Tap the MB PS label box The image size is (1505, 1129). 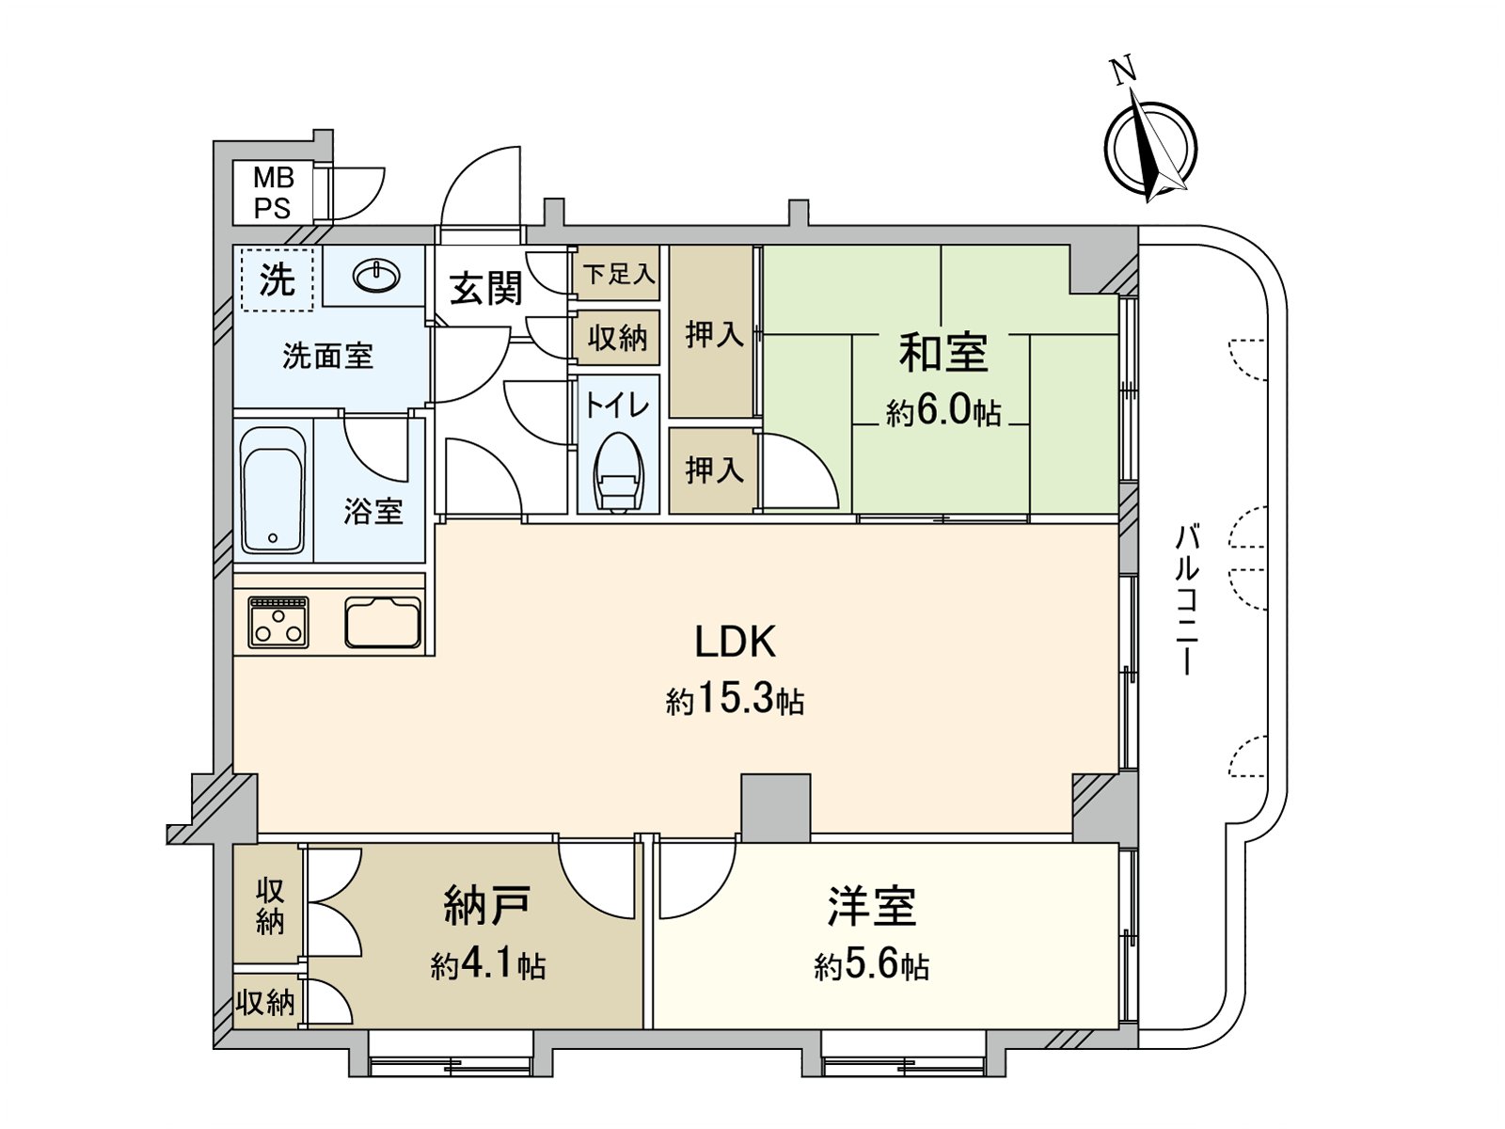tap(273, 192)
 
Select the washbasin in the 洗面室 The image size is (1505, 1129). tap(376, 276)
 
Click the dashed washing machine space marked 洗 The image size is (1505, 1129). tap(277, 278)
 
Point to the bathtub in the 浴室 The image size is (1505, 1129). tap(273, 490)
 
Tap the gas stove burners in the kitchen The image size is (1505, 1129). tap(278, 622)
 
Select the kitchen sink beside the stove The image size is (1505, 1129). tap(383, 622)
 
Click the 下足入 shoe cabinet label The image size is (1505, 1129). tap(617, 275)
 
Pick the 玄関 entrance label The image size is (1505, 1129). tap(485, 288)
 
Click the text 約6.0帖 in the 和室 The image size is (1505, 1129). tap(943, 412)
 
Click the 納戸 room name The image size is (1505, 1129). tap(487, 905)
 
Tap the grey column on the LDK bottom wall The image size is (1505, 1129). tap(775, 806)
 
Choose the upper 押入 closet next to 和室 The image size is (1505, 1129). tap(713, 332)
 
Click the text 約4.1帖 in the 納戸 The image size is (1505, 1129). tap(487, 965)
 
